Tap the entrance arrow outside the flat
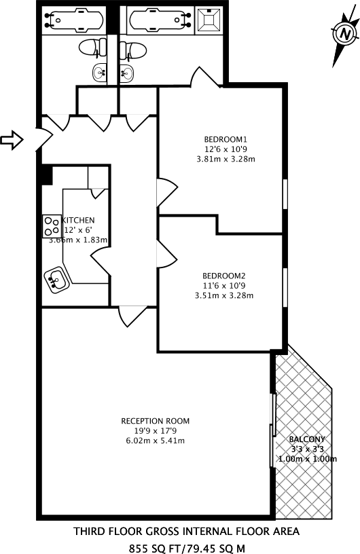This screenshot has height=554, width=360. tap(12, 140)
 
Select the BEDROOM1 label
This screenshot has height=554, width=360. tap(226, 139)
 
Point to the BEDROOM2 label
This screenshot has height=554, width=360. tap(224, 276)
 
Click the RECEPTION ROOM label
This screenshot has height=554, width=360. tap(156, 421)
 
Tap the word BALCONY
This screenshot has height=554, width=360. tap(307, 439)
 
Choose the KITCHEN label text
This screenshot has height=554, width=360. tap(79, 220)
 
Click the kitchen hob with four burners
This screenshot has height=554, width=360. tap(52, 227)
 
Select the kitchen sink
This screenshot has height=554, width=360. tap(56, 279)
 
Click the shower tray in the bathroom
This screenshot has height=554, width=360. tap(209, 20)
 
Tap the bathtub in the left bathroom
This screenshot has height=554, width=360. tap(75, 20)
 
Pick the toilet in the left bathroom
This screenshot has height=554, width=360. tap(92, 48)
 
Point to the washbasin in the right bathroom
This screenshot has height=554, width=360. tap(127, 73)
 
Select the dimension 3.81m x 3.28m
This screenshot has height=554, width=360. tap(226, 159)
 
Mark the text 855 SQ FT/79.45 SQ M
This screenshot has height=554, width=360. tap(186, 549)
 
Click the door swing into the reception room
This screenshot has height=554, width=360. tap(132, 316)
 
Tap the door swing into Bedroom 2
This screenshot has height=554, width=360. tap(167, 254)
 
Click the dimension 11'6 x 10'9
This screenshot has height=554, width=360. tap(224, 285)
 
